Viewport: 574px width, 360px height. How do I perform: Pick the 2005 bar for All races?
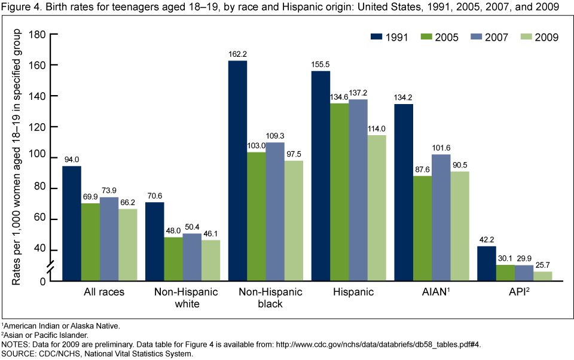(x=90, y=242)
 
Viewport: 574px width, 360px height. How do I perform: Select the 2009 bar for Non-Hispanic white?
(x=211, y=260)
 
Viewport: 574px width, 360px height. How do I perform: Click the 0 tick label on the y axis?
(x=43, y=281)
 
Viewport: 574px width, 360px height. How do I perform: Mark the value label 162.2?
(x=237, y=54)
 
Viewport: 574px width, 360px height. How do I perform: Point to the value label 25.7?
(x=543, y=265)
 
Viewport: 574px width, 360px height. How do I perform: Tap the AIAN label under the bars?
(x=439, y=292)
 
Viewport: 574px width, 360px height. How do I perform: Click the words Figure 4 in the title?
(x=20, y=7)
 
